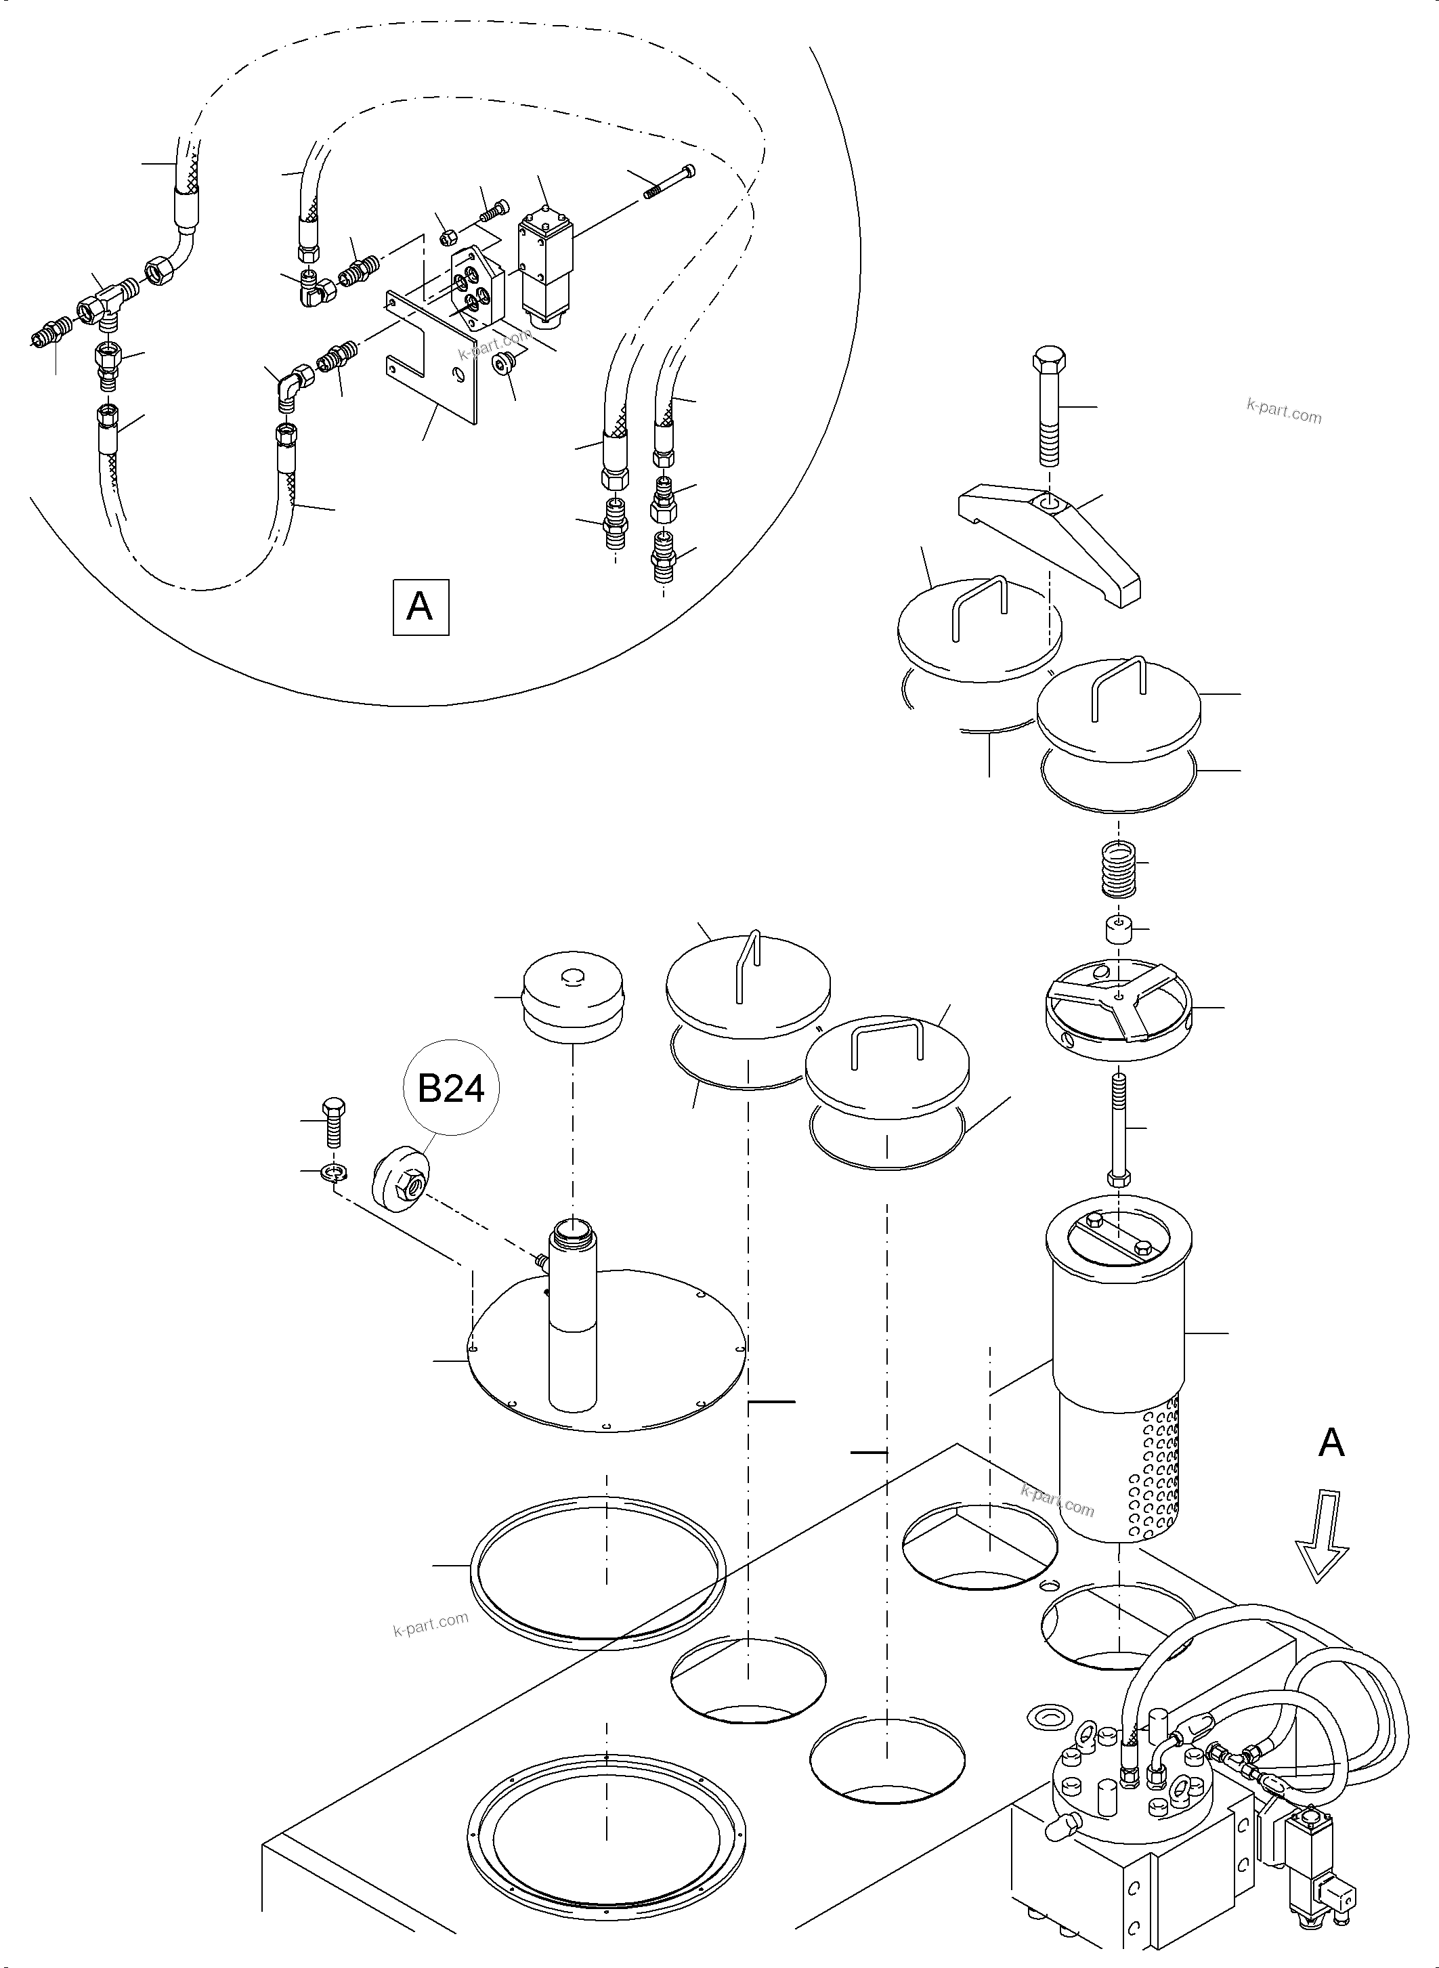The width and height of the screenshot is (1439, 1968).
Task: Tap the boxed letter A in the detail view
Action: pos(420,605)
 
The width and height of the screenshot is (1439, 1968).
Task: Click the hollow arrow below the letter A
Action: pos(1320,1548)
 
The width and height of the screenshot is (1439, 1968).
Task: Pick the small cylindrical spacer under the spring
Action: pos(1117,930)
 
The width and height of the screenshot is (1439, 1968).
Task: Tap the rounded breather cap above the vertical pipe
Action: pos(572,998)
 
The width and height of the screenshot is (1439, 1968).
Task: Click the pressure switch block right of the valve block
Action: pos(544,261)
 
